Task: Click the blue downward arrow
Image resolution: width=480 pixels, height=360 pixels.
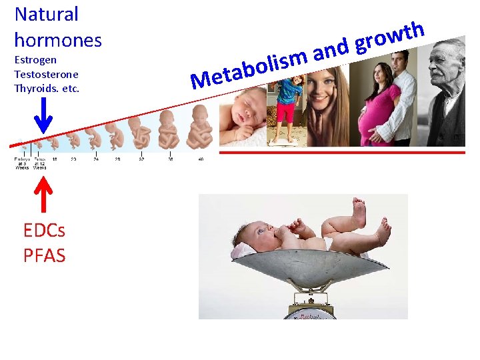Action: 43,116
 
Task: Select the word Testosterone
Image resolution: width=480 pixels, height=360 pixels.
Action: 46,74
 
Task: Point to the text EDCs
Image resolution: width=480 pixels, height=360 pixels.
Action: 44,231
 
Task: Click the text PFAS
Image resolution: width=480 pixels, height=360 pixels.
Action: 44,255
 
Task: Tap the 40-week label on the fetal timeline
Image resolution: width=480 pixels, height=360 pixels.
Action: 200,159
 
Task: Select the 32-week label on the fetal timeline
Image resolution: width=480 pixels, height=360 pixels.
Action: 141,159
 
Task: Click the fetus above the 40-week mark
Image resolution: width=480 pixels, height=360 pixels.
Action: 199,127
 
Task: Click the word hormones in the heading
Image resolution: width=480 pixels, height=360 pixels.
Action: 58,40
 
